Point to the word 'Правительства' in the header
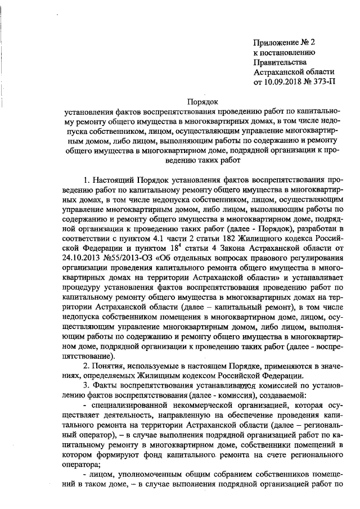click(280, 62)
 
